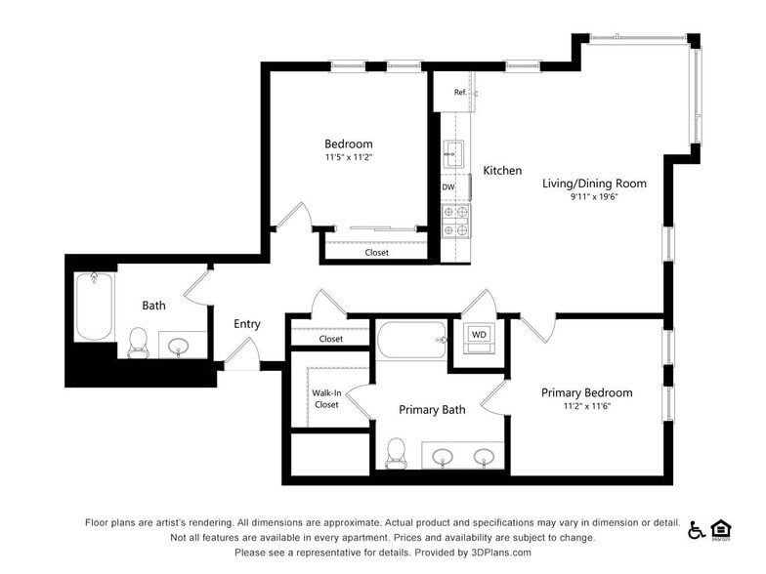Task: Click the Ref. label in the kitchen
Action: [460, 93]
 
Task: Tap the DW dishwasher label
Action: [448, 186]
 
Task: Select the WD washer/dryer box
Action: [479, 335]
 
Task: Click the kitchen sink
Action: [453, 152]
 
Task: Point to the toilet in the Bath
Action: [138, 341]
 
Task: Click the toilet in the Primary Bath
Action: [396, 452]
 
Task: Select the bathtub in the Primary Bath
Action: [411, 341]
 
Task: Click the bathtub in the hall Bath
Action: [95, 306]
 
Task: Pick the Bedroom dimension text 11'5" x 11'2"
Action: [349, 157]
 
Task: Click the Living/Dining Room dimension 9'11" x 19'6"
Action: [594, 197]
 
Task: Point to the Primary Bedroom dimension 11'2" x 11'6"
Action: [586, 407]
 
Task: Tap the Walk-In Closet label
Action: [325, 398]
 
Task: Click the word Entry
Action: [247, 324]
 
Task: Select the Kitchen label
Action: [502, 171]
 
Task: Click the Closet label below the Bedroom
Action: [376, 252]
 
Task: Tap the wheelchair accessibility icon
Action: [697, 530]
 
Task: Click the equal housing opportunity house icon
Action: [722, 529]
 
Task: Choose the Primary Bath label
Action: [432, 410]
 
